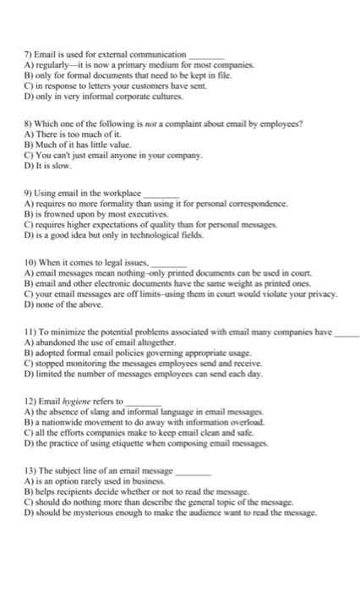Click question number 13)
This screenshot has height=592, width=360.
coord(30,471)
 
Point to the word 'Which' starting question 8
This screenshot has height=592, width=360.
coord(49,123)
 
